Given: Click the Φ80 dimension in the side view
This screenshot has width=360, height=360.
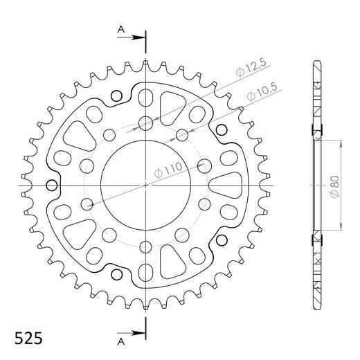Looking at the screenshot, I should pyautogui.click(x=335, y=186).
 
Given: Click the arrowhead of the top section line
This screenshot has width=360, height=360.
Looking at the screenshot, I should pyautogui.click(x=141, y=38).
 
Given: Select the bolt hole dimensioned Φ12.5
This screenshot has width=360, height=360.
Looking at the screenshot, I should pyautogui.click(x=146, y=124).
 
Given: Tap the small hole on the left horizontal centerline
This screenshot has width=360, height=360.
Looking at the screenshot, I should pyautogui.click(x=51, y=185).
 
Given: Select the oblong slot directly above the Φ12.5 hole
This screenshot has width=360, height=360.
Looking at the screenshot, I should pyautogui.click(x=146, y=95).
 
